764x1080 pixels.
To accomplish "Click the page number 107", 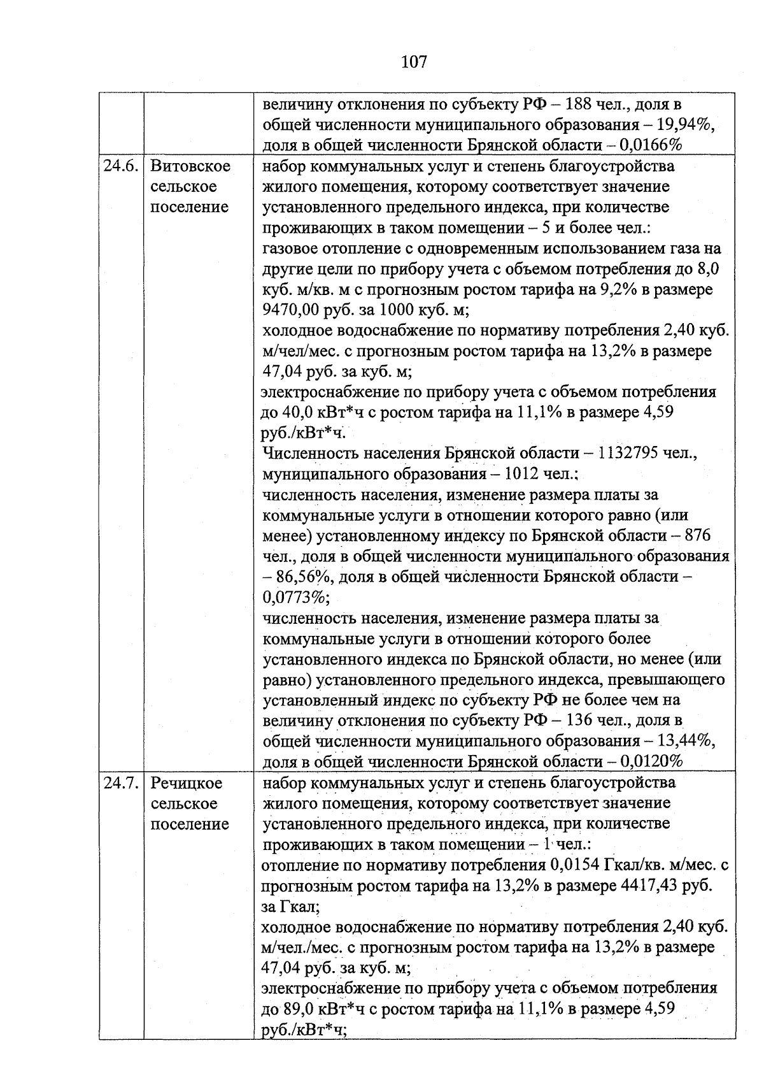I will coord(414,62).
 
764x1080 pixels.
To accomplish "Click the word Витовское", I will coord(190,166).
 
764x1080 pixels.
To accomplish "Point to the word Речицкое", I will coord(187,783).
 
